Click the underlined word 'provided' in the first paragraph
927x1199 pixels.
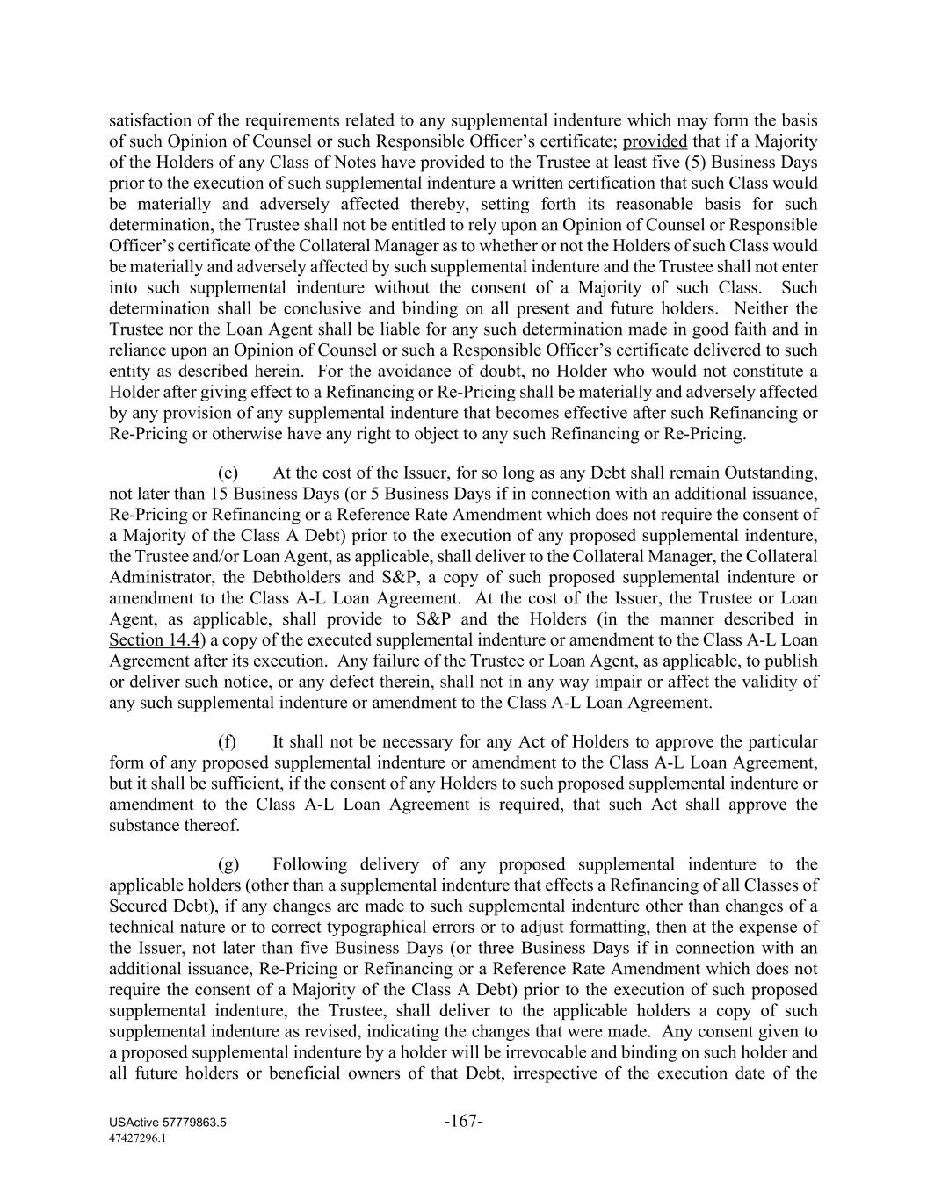tap(655, 141)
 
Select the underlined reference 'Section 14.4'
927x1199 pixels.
tap(147, 640)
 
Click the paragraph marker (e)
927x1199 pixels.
tap(228, 473)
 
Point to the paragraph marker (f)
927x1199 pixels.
tap(227, 742)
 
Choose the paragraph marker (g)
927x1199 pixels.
tap(228, 864)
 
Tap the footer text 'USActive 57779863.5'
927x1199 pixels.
tap(168, 1123)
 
